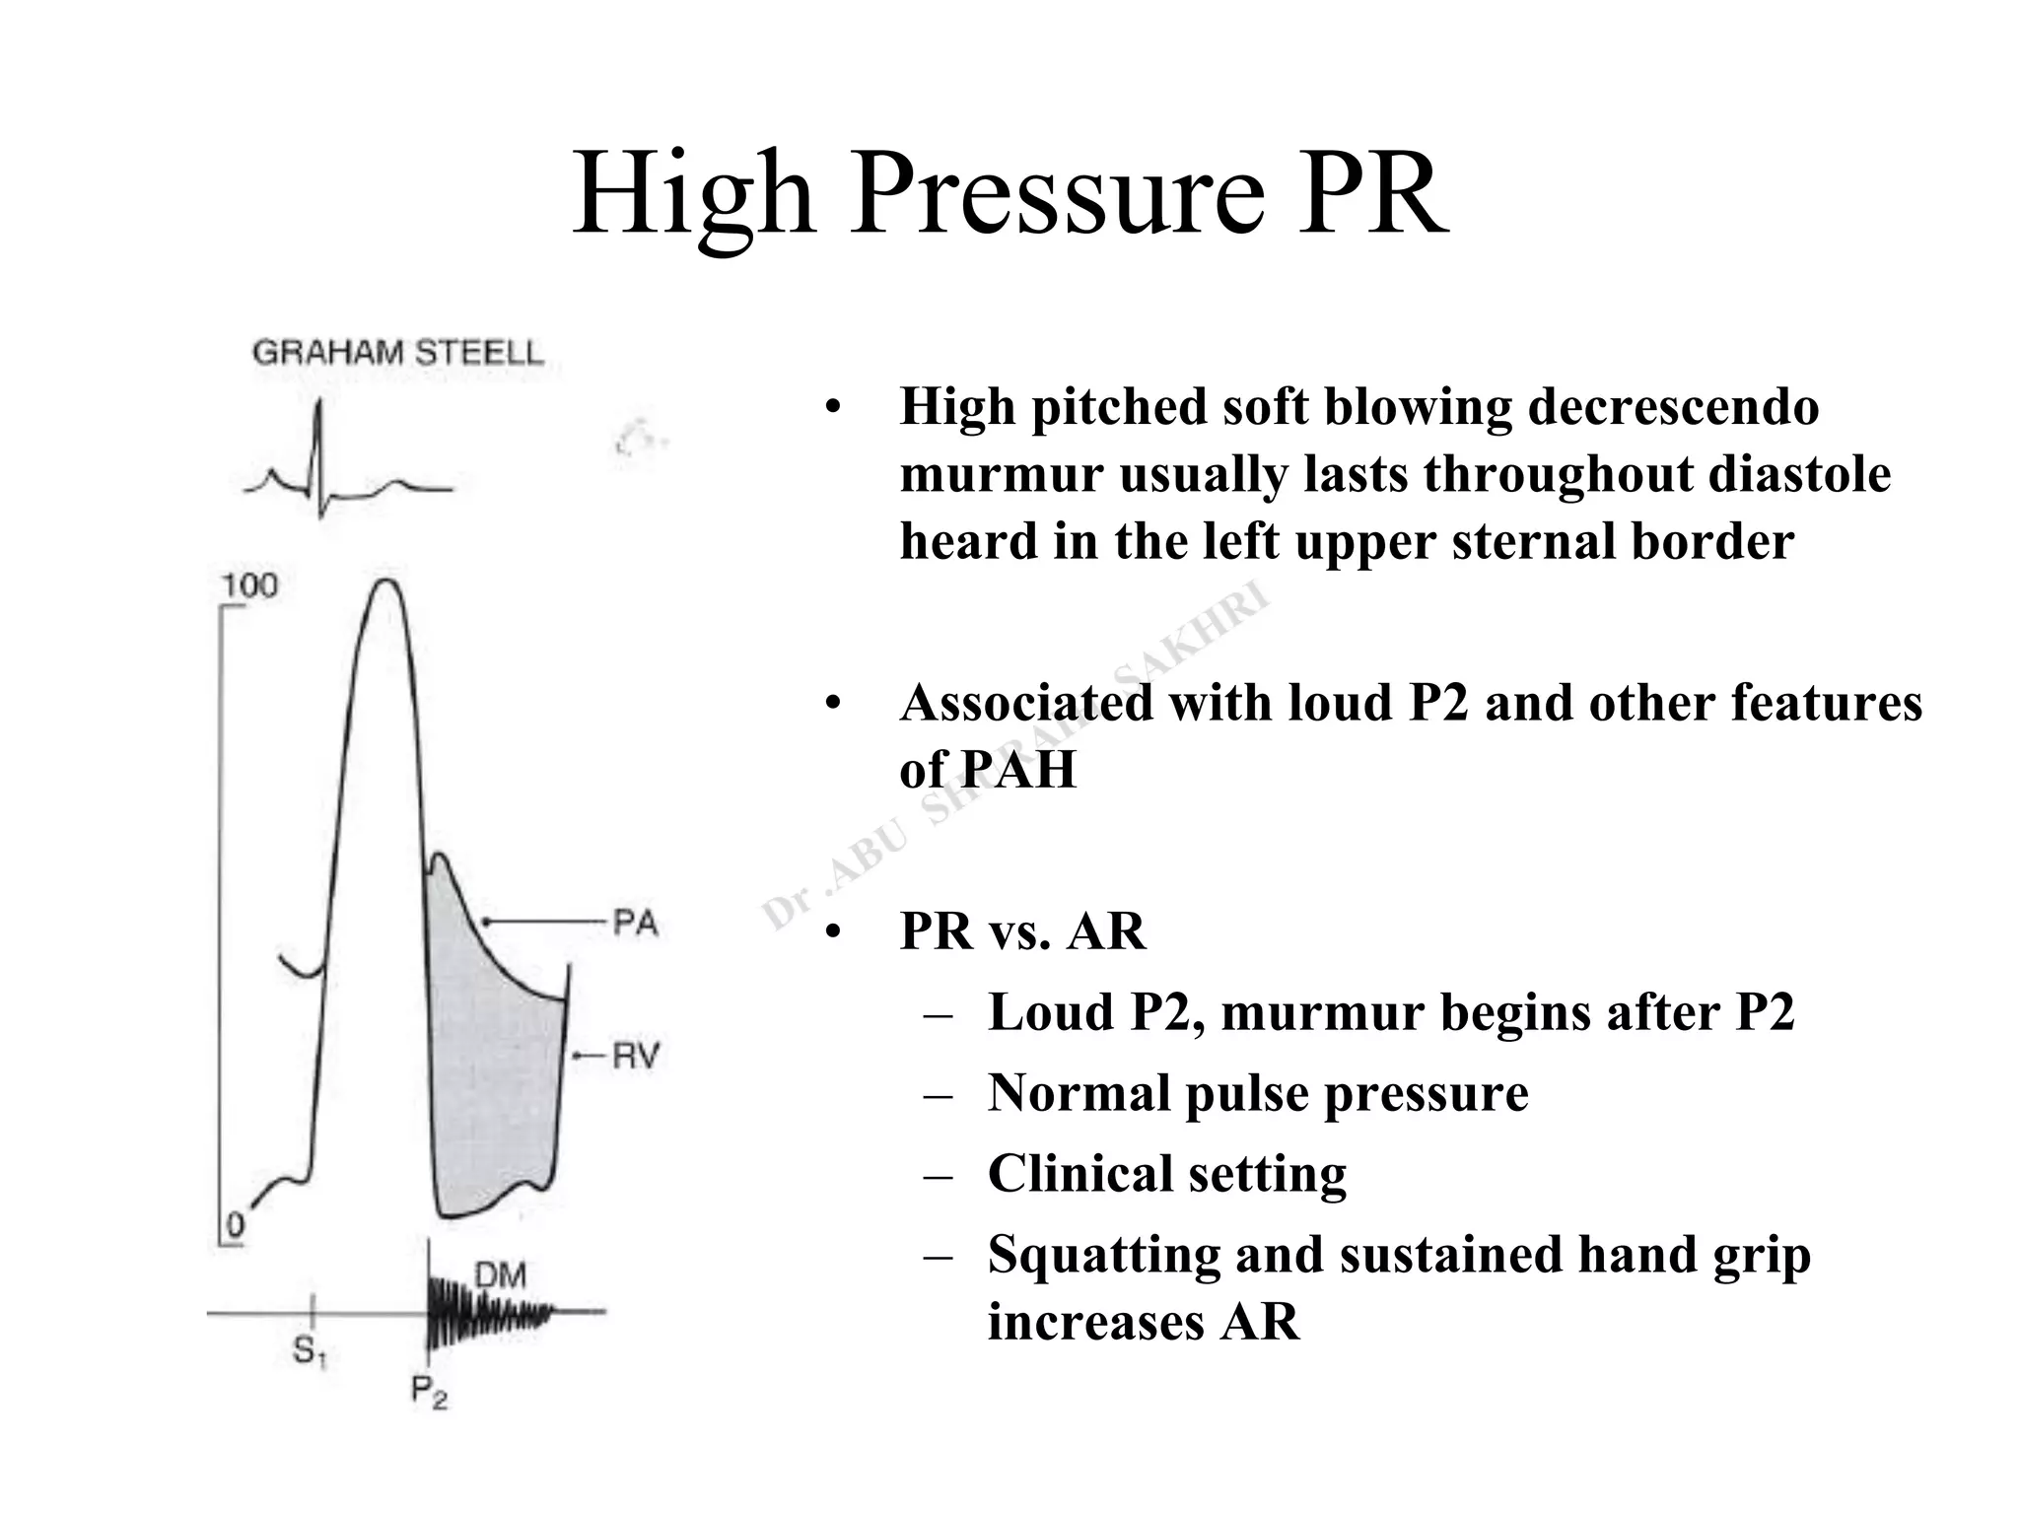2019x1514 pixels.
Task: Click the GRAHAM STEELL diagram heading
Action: (397, 353)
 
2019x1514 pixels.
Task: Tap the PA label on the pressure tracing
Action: (635, 924)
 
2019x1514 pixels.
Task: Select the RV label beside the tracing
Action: (635, 1057)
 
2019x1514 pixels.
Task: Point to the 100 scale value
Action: (249, 586)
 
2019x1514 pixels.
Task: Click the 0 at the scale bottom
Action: (235, 1225)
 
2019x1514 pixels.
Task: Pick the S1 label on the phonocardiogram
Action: (309, 1351)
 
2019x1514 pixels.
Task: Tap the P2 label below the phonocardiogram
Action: (429, 1391)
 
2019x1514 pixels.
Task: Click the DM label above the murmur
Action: (501, 1275)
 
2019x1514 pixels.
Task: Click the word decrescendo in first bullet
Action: (1673, 407)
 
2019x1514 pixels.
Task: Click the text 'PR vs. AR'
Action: (1022, 930)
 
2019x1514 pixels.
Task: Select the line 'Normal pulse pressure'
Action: (1258, 1092)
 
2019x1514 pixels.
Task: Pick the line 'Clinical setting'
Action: (1167, 1173)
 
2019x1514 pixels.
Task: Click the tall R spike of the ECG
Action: (318, 434)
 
